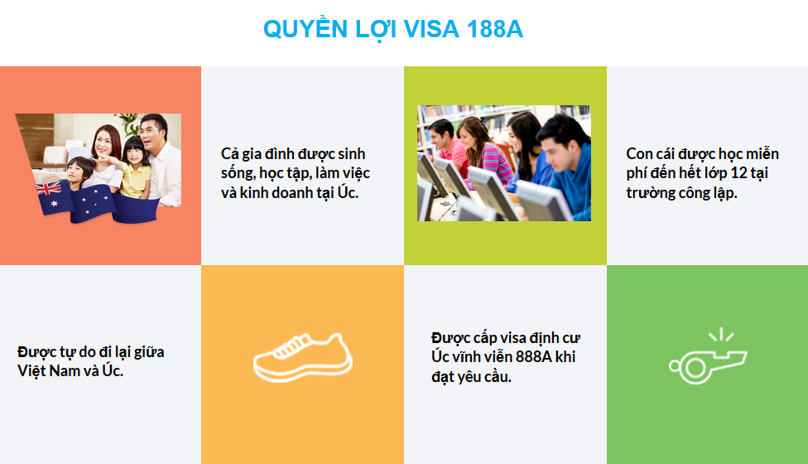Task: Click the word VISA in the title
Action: pos(430,29)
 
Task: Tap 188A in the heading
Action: pos(495,29)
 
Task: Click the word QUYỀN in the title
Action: pos(305,28)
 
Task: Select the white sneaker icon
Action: pos(303,357)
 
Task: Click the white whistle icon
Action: pos(708,362)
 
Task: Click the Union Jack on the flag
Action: pos(49,189)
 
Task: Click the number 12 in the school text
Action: pos(739,172)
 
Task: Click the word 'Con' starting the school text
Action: pos(639,153)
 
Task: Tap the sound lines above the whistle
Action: pos(721,334)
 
